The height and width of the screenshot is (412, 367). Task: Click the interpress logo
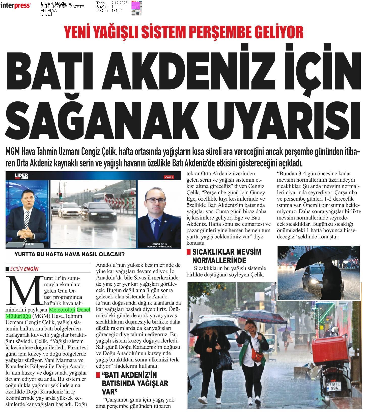click(x=15, y=5)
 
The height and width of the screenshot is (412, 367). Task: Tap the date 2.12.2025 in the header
click(x=119, y=3)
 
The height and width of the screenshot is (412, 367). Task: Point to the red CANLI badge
click(x=169, y=177)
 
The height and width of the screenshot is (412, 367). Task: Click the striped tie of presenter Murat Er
click(x=27, y=219)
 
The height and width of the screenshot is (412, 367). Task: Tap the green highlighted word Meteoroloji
click(x=62, y=310)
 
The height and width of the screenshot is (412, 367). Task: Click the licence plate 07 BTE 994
click(x=333, y=386)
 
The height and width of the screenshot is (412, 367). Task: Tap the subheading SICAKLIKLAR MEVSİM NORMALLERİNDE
click(x=223, y=256)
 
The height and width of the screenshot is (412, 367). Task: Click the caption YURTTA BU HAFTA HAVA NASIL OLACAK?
click(x=70, y=254)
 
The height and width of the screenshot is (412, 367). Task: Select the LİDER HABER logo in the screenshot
click(x=21, y=176)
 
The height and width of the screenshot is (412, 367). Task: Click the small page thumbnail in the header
click(x=137, y=8)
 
